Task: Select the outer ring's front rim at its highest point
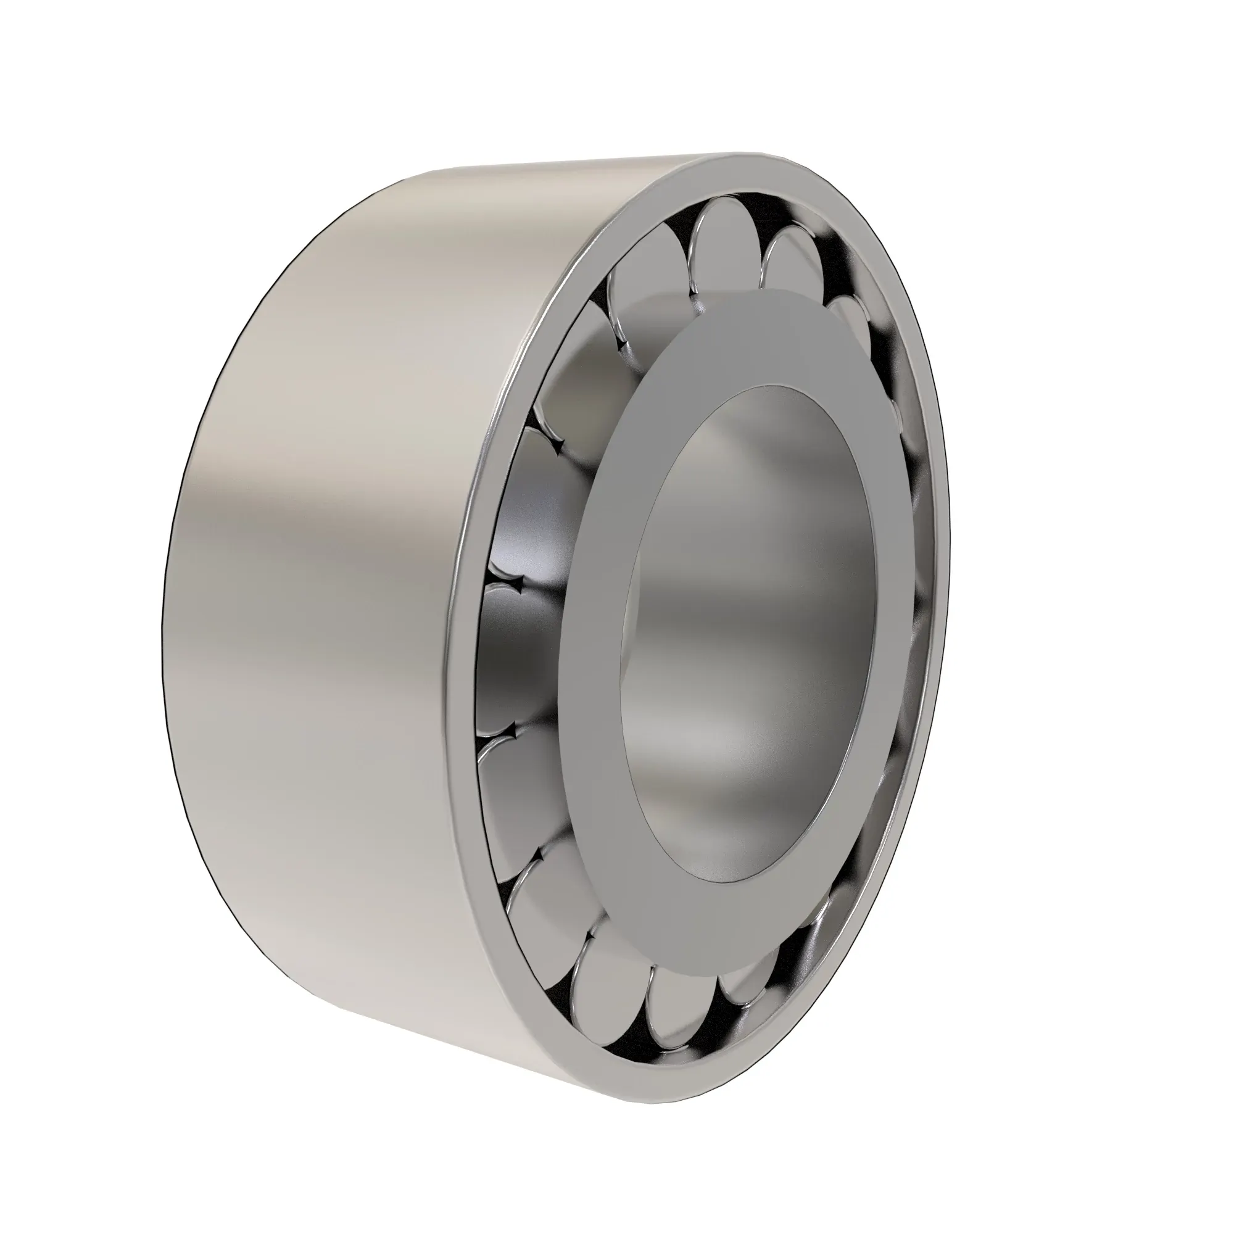pyautogui.click(x=766, y=163)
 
